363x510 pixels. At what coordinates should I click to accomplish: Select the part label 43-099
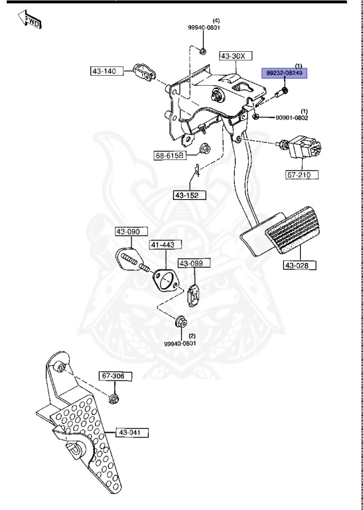[190, 264]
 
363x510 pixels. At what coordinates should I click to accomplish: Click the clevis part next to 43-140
[141, 72]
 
